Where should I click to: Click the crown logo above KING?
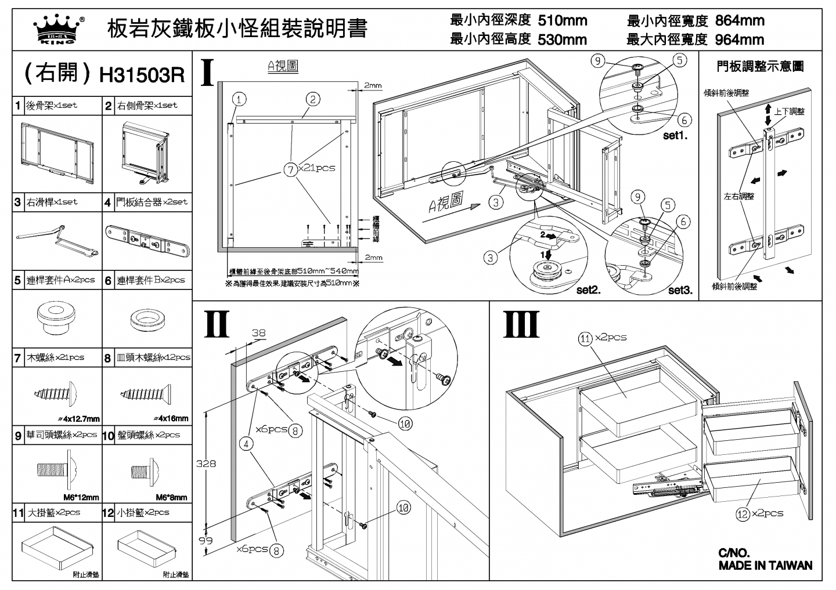pyautogui.click(x=56, y=26)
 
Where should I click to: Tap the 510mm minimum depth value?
pyautogui.click(x=562, y=21)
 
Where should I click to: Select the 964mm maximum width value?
pyautogui.click(x=739, y=40)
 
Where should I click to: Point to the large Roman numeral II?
pyautogui.click(x=217, y=324)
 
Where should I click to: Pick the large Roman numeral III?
pyautogui.click(x=521, y=324)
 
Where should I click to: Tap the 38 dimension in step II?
pyautogui.click(x=258, y=333)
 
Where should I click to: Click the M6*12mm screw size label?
pyautogui.click(x=81, y=497)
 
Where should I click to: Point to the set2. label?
pyautogui.click(x=588, y=290)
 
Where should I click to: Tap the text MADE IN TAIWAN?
pyautogui.click(x=765, y=566)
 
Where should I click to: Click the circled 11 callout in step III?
pyautogui.click(x=585, y=338)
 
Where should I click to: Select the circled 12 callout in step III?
pyautogui.click(x=743, y=513)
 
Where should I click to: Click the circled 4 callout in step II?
pyautogui.click(x=247, y=444)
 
